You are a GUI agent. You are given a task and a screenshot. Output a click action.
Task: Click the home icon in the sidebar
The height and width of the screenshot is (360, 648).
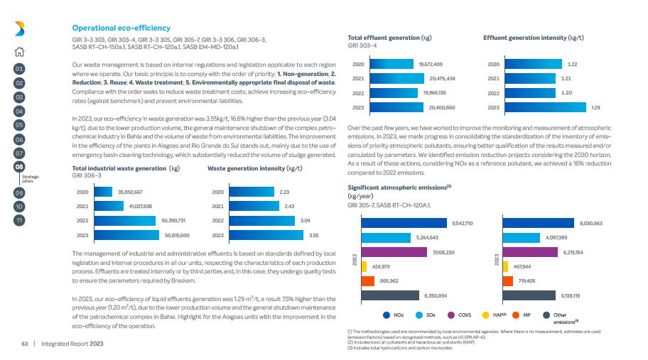[x=19, y=50]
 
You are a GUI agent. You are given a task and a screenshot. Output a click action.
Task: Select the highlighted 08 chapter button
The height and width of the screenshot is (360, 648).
[x=19, y=165]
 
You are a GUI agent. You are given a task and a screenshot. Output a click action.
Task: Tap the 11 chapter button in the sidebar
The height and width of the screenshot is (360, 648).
[x=19, y=220]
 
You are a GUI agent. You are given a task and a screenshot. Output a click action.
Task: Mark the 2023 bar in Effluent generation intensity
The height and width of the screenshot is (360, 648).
[x=544, y=108]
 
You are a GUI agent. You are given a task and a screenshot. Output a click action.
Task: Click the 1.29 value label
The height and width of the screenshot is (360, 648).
[x=595, y=108]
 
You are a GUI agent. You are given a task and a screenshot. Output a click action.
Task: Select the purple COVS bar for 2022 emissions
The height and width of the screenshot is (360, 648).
[x=394, y=252]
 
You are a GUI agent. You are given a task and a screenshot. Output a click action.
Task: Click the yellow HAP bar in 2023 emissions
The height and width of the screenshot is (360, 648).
[x=505, y=266]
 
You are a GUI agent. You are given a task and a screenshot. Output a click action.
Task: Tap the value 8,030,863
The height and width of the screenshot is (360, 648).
[x=591, y=224]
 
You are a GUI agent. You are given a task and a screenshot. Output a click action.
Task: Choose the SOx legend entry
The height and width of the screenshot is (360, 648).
[x=426, y=314]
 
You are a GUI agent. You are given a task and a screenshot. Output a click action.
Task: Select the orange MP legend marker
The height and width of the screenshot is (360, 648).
[x=517, y=314]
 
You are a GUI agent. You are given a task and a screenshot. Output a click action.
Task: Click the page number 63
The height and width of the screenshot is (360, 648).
[x=23, y=344]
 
